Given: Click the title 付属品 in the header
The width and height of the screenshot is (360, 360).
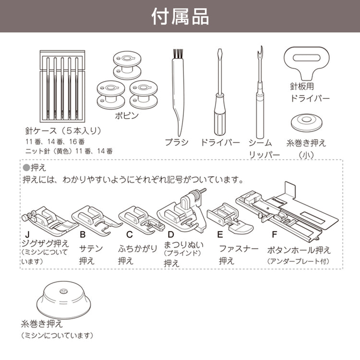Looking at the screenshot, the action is pyautogui.click(x=180, y=16).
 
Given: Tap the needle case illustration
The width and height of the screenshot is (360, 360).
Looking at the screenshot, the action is pyautogui.click(x=62, y=86).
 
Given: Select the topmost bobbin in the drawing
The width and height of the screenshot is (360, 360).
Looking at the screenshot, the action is pyautogui.click(x=127, y=65).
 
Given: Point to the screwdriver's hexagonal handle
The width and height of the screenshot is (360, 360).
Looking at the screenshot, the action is pyautogui.click(x=220, y=115).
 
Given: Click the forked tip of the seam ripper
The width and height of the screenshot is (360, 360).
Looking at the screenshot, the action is pyautogui.click(x=260, y=52).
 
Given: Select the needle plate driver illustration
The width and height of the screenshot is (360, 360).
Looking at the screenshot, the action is pyautogui.click(x=307, y=63).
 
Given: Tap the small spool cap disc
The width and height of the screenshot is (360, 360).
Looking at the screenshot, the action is pyautogui.click(x=307, y=122).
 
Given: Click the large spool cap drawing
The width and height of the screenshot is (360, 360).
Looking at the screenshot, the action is pyautogui.click(x=63, y=300).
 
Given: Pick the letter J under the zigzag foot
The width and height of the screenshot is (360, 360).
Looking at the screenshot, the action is pyautogui.click(x=27, y=234).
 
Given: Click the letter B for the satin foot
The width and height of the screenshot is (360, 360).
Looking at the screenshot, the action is pyautogui.click(x=83, y=234).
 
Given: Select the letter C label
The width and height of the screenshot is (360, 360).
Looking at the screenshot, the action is pyautogui.click(x=130, y=234).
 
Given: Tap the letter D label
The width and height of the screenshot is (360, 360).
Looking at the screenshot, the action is pyautogui.click(x=171, y=234).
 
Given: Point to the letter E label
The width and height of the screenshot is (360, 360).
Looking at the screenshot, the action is pyautogui.click(x=220, y=234).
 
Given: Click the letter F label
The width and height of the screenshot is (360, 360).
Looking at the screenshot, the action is pyautogui.click(x=275, y=234).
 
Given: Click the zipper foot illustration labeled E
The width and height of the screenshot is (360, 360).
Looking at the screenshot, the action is pyautogui.click(x=229, y=217).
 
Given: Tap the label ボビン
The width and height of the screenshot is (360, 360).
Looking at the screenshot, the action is pyautogui.click(x=127, y=116).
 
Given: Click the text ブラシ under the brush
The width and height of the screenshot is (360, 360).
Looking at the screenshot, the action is pyautogui.click(x=177, y=143).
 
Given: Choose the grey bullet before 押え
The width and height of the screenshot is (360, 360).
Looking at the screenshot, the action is pyautogui.click(x=26, y=168).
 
